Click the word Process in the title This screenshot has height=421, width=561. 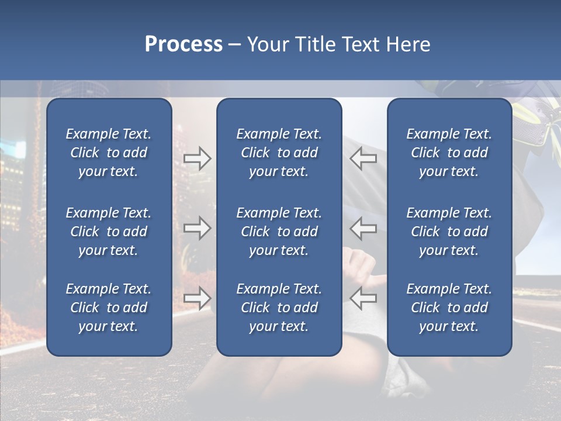click(183, 44)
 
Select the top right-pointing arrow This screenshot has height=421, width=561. click(197, 158)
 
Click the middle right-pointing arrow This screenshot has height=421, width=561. click(197, 228)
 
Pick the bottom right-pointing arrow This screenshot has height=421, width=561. click(197, 298)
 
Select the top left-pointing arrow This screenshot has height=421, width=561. click(363, 158)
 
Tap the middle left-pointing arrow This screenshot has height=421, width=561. click(363, 228)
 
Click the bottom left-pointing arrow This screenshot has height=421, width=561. click(363, 298)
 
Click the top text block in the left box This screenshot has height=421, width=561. click(109, 153)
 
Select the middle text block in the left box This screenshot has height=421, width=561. click(109, 232)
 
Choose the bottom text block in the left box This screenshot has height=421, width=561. click(109, 308)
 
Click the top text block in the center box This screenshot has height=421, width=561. click(279, 153)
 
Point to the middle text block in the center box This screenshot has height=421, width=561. click(279, 232)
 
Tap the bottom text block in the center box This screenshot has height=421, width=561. click(279, 308)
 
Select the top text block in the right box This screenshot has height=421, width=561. click(449, 153)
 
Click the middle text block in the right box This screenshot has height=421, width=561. click(449, 232)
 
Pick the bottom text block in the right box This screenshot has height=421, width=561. click(449, 308)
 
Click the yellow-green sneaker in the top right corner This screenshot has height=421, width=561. click(535, 111)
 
